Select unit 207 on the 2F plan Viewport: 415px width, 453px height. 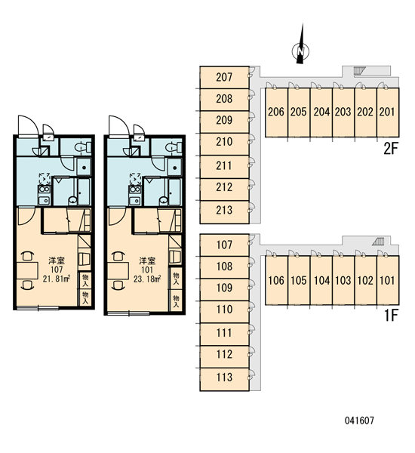224,78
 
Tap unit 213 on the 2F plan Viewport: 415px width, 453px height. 224,210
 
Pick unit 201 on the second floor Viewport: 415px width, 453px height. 388,112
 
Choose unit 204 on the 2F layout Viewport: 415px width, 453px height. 321,112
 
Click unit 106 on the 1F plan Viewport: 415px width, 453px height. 276,280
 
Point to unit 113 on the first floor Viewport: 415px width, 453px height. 224,377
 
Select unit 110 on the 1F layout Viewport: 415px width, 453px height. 224,310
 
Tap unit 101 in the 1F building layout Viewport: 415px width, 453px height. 388,280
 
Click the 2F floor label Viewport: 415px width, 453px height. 391,149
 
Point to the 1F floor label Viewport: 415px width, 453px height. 392,316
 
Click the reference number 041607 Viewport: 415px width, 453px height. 359,421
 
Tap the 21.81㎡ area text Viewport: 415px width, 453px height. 57,279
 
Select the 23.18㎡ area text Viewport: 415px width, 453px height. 147,279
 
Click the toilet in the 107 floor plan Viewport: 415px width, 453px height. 83,148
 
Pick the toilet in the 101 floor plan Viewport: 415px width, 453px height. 174,148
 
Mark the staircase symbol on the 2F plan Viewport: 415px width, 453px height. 360,70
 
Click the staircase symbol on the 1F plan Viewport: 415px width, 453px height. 378,242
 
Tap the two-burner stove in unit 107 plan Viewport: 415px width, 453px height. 45,190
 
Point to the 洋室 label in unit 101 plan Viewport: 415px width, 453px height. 147,261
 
